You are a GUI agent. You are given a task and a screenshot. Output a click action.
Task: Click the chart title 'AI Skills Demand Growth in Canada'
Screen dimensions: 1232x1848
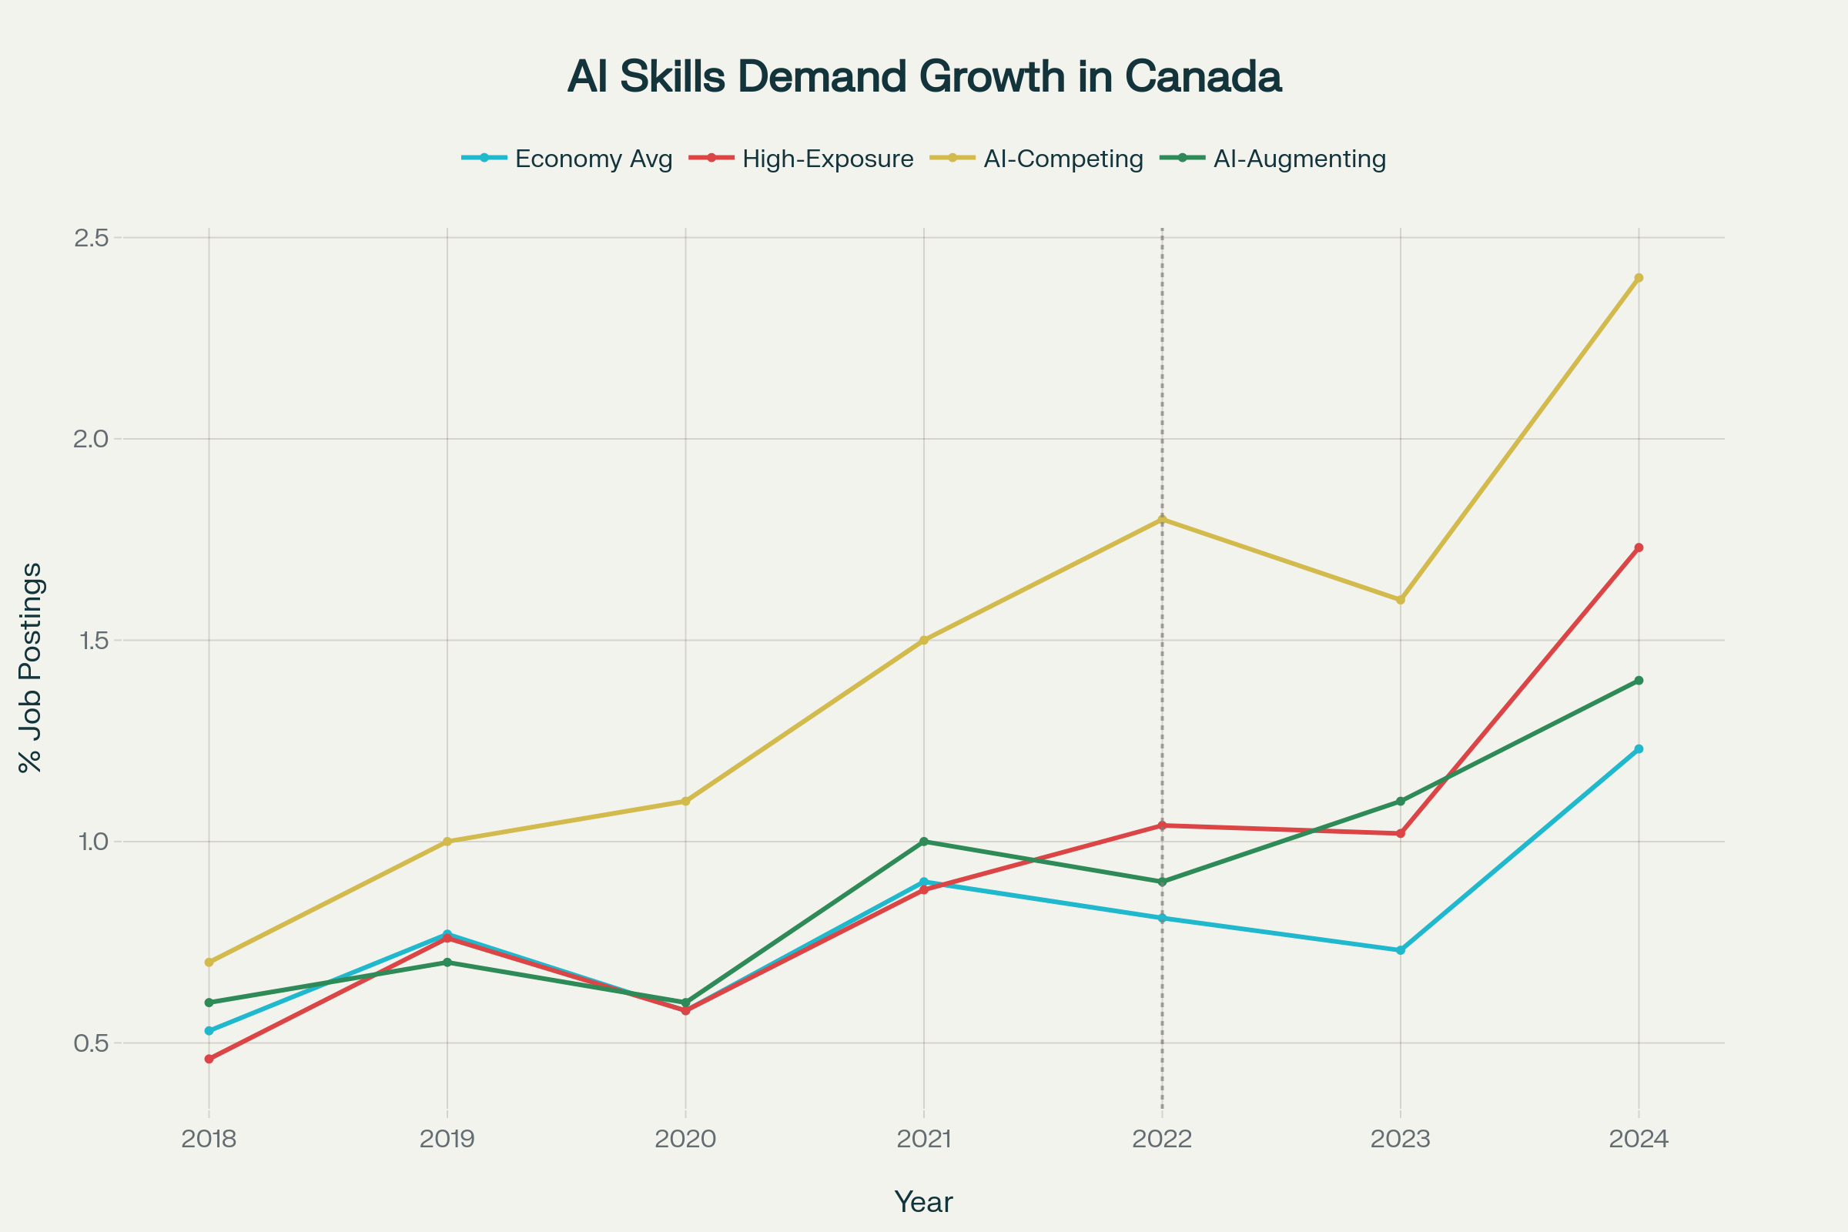tap(924, 77)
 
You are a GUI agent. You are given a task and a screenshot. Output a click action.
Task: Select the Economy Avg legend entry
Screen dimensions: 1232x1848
tap(567, 159)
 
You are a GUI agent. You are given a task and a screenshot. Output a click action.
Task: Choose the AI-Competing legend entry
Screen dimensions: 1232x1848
tap(1037, 159)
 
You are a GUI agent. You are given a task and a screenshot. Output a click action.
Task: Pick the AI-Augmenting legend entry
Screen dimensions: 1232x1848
tap(1274, 159)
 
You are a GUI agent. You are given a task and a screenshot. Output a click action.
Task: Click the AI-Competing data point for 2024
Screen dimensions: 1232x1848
tap(1639, 278)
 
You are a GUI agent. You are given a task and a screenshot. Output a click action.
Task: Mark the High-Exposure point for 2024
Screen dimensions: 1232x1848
tap(1639, 547)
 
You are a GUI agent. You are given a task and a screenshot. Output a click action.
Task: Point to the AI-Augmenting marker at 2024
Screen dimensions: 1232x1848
tap(1639, 681)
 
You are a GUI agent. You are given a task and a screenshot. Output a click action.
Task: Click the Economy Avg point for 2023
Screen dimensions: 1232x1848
tap(1400, 950)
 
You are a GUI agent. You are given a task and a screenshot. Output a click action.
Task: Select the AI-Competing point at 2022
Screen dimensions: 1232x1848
tap(1162, 519)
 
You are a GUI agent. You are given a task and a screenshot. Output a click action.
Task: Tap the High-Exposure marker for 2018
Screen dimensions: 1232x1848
tap(209, 1060)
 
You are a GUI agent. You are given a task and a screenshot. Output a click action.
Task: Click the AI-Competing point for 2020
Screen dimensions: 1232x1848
tap(686, 802)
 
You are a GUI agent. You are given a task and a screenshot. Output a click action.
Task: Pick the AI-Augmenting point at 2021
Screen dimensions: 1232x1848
tap(924, 842)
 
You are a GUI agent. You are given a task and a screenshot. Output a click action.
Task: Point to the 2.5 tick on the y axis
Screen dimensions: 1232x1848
tap(89, 238)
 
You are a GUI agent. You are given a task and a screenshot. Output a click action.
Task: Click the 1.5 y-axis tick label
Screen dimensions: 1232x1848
tap(89, 641)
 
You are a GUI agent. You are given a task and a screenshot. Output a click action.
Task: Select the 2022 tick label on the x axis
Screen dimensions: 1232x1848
tap(1162, 1140)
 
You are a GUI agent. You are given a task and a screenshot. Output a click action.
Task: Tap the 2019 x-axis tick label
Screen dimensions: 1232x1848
tap(447, 1140)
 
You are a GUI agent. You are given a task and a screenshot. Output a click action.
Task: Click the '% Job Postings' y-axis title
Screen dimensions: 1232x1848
tap(32, 668)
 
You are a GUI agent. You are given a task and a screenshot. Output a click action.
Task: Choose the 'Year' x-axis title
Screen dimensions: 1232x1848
tap(924, 1202)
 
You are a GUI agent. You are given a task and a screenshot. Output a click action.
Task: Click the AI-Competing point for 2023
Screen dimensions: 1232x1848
tap(1400, 600)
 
